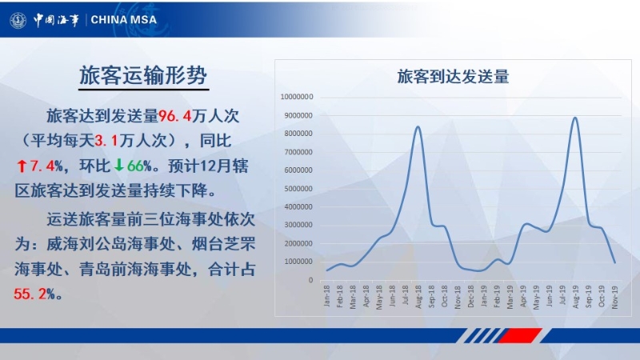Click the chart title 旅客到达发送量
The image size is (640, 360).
point(453,77)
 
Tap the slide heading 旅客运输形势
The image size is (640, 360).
point(143,75)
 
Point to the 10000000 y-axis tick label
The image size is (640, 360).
point(297,97)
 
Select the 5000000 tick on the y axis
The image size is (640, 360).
point(298,189)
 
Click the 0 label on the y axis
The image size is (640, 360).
point(310,280)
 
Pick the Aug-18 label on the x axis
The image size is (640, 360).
point(418,297)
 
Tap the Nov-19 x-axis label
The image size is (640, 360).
point(614,297)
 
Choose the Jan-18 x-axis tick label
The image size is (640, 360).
point(326,296)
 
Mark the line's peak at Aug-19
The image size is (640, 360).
point(575,118)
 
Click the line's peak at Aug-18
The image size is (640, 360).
point(418,126)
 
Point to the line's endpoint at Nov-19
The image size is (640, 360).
point(615,262)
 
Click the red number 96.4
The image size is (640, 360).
point(174,116)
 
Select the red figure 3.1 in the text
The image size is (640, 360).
point(106,142)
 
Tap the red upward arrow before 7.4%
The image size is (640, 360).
point(22,166)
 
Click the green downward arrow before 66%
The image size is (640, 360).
point(118,166)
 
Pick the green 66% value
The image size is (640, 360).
point(139,166)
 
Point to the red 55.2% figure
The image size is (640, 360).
point(34,294)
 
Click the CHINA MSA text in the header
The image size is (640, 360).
point(124,19)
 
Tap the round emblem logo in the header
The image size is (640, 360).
point(18,19)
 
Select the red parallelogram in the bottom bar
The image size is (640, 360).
point(521,335)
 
